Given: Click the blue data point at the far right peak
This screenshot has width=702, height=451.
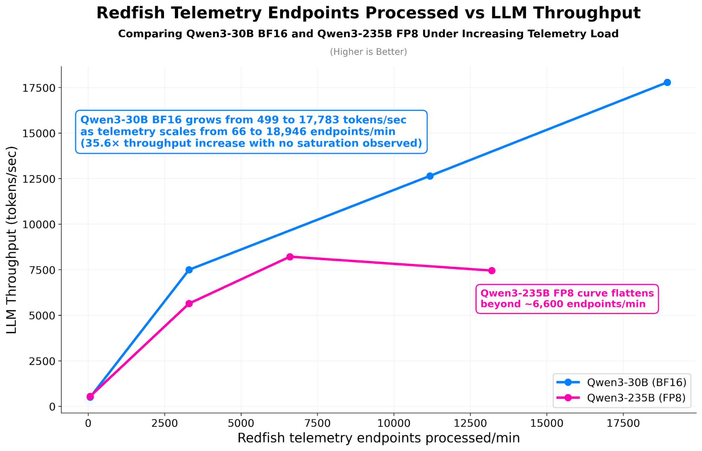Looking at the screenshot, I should point(667,83).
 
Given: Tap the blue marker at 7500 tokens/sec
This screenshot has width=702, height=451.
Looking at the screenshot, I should point(189,270).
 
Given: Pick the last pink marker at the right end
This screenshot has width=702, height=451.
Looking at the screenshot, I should point(492,270).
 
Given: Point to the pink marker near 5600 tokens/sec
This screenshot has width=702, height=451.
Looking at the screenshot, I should point(189,303).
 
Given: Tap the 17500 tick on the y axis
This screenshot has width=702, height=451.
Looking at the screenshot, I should point(39,88).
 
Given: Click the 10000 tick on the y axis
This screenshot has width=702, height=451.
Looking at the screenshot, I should point(39,224).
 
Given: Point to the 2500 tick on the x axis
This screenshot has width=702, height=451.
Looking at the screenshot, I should point(164,423).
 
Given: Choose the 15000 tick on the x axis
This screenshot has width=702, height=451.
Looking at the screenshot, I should point(546,423).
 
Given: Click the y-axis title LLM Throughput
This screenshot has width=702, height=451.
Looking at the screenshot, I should point(12,240).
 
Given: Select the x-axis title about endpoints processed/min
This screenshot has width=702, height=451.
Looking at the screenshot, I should point(379,438).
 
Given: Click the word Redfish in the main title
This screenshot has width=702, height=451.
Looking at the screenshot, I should point(131,13).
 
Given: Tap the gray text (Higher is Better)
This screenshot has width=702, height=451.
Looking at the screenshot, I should point(368,52).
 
